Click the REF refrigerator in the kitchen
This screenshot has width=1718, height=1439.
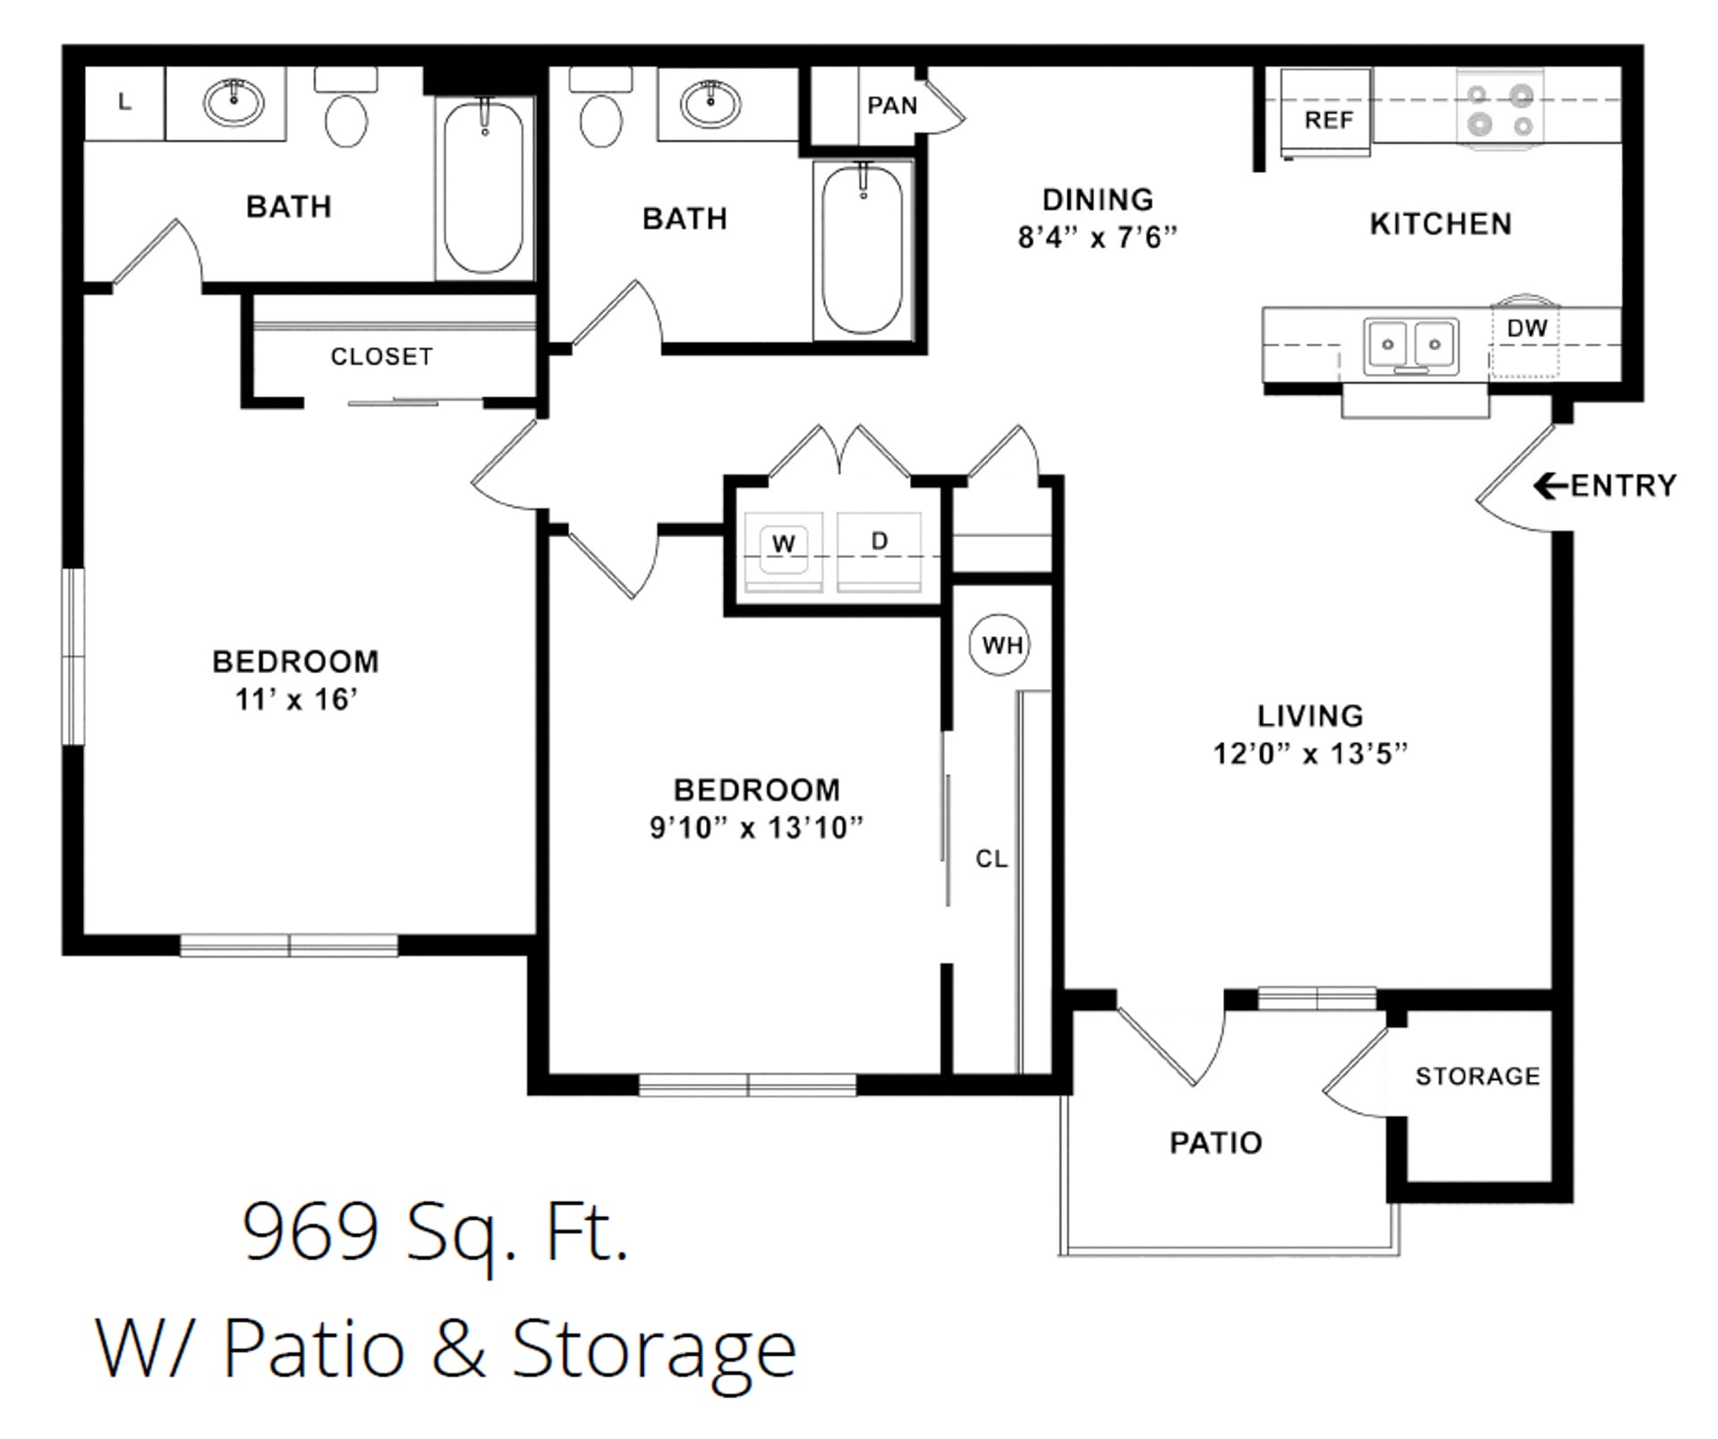click(1325, 114)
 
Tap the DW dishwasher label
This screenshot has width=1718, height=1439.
click(1526, 328)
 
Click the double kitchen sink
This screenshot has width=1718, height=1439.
click(1411, 345)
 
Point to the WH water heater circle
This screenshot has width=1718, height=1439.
click(1000, 644)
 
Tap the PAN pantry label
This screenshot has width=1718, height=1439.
click(892, 106)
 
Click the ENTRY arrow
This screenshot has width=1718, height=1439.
click(1551, 486)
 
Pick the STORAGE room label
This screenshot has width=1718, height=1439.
click(1477, 1076)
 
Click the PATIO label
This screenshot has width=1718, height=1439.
click(1215, 1143)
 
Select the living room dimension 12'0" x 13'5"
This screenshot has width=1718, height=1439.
click(1309, 754)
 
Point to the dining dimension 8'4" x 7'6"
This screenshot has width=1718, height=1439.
click(1097, 237)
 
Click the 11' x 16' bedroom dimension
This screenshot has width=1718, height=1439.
click(296, 699)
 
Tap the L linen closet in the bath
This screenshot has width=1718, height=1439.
click(124, 103)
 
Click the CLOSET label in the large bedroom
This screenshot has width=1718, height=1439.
click(381, 356)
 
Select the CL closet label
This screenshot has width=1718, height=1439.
click(991, 859)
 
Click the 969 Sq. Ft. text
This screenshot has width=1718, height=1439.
click(436, 1233)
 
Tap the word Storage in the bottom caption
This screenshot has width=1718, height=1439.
click(653, 1350)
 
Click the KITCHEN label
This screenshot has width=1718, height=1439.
click(1440, 224)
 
